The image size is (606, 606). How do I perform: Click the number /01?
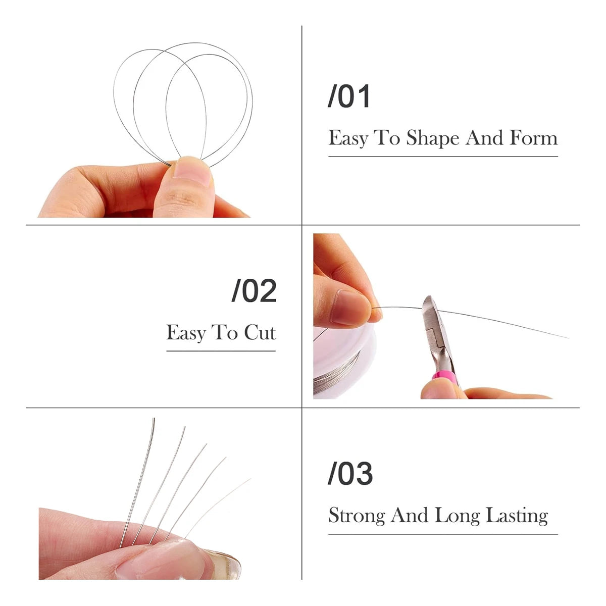tap(349, 96)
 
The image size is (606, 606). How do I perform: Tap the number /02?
tap(254, 291)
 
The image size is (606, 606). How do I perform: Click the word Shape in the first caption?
tap(433, 138)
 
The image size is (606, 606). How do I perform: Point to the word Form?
tap(533, 138)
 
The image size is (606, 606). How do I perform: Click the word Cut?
tap(260, 333)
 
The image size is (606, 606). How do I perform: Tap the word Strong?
tap(358, 516)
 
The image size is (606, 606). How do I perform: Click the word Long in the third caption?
tap(458, 516)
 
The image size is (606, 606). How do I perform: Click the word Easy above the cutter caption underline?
tap(186, 333)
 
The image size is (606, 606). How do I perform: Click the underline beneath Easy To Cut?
tap(221, 351)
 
